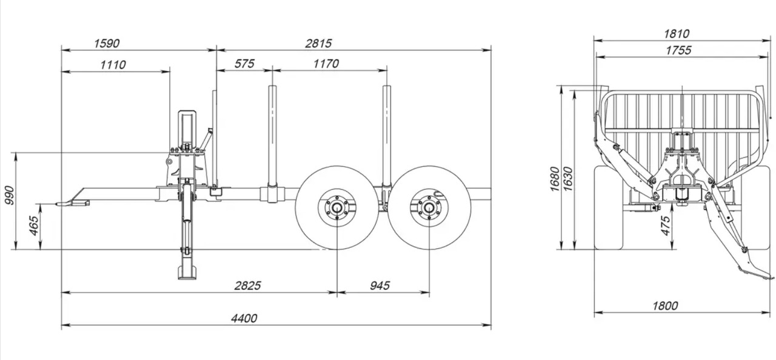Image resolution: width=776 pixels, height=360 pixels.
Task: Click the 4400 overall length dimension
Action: pos(244,318)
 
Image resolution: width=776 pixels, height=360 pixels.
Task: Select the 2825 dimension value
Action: pos(247,285)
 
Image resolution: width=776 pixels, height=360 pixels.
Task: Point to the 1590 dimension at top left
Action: pos(107,43)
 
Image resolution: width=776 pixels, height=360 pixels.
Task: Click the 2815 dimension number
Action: pos(319,43)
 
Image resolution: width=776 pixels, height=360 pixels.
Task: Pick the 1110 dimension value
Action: pos(113,64)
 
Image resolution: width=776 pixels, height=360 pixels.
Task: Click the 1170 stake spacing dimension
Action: pos(326,64)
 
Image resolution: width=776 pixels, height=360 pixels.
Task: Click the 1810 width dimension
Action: pos(677,34)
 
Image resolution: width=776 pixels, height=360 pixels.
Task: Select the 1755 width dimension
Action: pos(677,50)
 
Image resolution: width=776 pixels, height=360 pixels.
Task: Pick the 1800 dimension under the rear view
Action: pos(665,306)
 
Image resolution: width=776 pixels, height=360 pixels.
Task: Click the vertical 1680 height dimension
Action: pos(555,179)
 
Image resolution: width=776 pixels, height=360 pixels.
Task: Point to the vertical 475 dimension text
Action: pos(666,225)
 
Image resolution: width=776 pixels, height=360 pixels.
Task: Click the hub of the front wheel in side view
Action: pos(336,208)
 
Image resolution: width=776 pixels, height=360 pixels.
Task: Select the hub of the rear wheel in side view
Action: pos(429,208)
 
